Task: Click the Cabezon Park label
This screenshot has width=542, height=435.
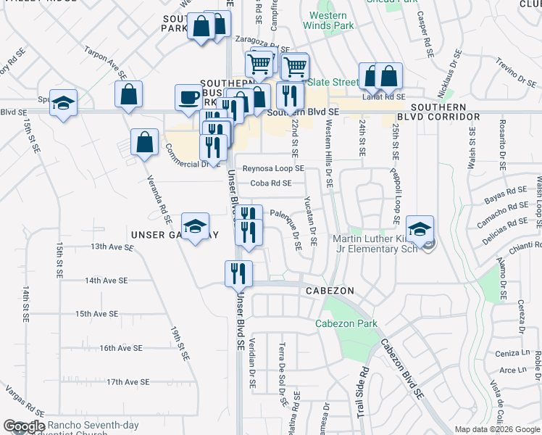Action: click(x=346, y=323)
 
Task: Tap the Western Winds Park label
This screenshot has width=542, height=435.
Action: click(x=331, y=20)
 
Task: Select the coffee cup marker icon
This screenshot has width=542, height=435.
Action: click(x=188, y=98)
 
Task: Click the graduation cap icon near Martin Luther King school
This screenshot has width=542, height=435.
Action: click(x=420, y=229)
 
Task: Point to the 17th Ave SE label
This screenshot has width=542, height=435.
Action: click(x=128, y=381)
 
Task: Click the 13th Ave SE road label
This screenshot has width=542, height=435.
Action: click(x=112, y=246)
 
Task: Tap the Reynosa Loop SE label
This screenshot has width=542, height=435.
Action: click(x=273, y=168)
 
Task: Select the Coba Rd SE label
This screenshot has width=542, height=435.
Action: click(x=271, y=183)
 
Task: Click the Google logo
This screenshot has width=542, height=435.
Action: click(x=23, y=426)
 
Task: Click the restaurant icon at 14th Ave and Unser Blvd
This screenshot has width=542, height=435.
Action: click(x=237, y=274)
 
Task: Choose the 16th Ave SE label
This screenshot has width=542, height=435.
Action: click(x=121, y=348)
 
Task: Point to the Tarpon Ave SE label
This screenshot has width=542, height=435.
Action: click(x=106, y=65)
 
